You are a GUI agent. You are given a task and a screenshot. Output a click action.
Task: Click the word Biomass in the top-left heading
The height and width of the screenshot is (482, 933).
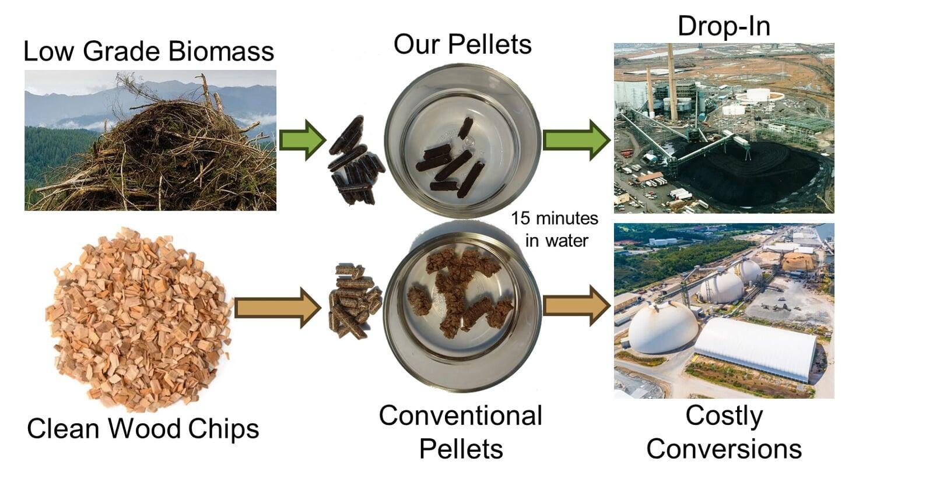221,51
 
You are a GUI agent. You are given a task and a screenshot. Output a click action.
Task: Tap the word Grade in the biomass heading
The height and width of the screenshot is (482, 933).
121,51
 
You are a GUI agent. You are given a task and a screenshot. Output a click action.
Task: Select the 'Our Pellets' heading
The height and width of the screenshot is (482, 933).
462,44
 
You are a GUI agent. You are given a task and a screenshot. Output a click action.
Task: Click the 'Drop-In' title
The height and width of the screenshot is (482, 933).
724,26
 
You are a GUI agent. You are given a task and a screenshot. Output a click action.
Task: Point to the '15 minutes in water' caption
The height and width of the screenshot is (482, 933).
555,230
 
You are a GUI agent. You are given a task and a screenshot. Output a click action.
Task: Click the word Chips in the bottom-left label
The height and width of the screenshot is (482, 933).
223,429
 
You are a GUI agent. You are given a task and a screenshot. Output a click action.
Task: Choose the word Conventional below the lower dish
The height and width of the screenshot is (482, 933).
460,416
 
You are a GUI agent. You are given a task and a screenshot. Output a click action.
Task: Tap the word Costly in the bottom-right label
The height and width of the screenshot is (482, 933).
724,416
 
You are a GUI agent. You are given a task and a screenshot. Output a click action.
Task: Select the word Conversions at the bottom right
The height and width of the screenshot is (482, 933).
724,449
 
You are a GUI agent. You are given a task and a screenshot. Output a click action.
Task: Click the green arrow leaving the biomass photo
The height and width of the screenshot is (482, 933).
303,140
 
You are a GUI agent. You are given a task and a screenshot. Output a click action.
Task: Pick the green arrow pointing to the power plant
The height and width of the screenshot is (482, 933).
577,140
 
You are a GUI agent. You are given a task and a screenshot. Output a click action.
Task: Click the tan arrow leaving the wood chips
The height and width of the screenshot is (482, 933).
278,308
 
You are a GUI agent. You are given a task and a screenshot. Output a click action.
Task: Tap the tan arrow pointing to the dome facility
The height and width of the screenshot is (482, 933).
577,306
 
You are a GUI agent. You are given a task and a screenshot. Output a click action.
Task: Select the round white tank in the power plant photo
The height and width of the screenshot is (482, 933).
760,96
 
